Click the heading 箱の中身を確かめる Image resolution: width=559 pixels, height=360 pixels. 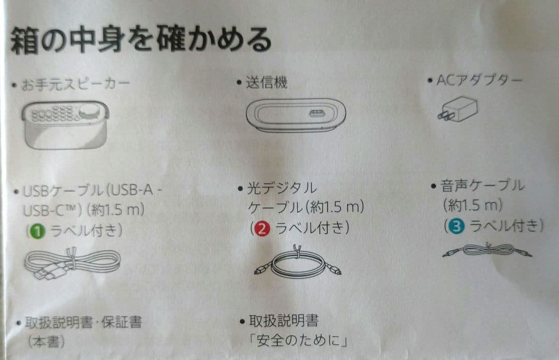pos(141,40)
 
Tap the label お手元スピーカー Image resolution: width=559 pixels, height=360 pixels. pos(75,85)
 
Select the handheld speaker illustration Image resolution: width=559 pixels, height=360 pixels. pos(66,124)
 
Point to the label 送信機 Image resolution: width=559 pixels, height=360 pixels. pos(267,82)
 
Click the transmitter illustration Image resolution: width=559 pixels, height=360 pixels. pos(296,115)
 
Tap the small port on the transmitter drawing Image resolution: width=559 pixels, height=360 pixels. pos(317,113)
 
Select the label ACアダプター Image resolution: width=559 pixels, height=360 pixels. pos(479,80)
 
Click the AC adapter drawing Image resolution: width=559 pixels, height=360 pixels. pos(458,109)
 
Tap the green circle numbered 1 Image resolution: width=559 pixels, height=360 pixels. pos(37,231)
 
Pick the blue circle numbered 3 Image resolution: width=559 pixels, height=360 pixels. pos(457,226)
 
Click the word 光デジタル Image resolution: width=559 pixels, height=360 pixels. pos(282,188)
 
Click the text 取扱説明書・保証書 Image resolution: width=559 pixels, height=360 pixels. pos(83,323)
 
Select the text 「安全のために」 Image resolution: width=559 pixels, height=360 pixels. pos(298,340)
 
